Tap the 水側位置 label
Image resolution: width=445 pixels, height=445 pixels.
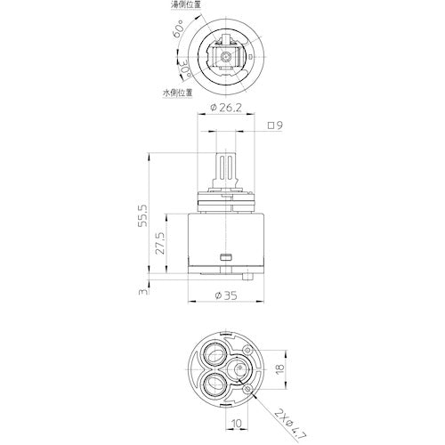(x=177, y=92)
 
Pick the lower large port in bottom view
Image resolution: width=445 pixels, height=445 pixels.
(x=214, y=385)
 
